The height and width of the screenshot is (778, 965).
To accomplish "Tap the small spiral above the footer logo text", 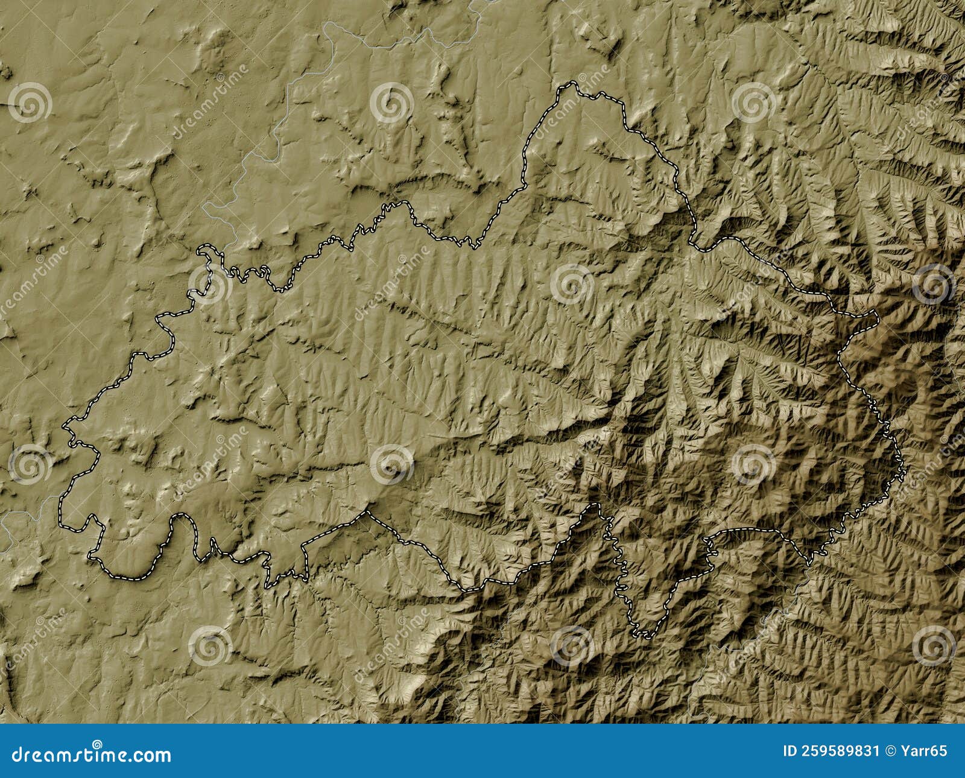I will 96,743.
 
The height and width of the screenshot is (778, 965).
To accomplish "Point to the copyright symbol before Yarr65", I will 891,751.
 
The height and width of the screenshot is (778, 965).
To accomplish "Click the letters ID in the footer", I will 789,751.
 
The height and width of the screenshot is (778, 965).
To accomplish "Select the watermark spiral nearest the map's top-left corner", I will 30,103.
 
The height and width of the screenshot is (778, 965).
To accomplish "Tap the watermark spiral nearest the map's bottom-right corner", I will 934,645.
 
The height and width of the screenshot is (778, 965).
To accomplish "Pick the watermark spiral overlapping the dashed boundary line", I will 210,283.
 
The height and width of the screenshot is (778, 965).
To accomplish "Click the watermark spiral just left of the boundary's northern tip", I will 391,103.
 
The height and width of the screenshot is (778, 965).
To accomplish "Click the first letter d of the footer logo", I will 17,754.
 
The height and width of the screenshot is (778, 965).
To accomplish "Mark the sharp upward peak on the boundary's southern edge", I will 365,512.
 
